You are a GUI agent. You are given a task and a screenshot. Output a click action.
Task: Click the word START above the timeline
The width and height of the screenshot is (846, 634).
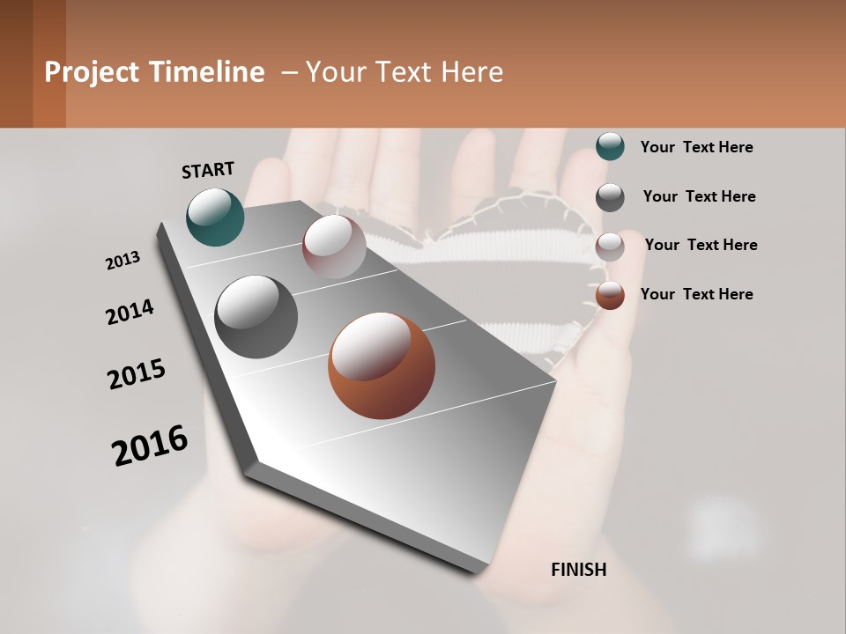(x=208, y=170)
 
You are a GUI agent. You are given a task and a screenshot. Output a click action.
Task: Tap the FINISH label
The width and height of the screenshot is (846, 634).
(x=579, y=570)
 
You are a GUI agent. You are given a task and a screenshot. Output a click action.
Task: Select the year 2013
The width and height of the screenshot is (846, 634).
(x=123, y=261)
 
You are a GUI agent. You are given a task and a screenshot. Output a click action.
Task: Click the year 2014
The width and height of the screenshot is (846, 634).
(x=130, y=313)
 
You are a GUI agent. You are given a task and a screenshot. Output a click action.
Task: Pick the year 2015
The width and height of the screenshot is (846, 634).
(x=137, y=374)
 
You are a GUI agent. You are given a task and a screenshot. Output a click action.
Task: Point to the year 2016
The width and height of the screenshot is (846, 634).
(x=150, y=446)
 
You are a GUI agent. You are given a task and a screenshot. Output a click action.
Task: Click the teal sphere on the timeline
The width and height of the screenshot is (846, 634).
(x=216, y=217)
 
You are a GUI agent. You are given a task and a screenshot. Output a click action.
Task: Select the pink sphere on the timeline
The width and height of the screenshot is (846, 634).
(x=334, y=247)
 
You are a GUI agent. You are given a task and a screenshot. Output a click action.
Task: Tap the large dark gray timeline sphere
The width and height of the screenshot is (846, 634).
(x=256, y=317)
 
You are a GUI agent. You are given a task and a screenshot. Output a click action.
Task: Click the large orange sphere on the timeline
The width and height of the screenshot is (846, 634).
(x=382, y=365)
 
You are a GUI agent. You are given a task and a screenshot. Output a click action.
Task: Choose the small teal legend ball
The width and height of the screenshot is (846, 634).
(x=610, y=147)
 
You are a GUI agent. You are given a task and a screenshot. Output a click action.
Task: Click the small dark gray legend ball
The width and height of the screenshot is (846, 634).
(x=610, y=197)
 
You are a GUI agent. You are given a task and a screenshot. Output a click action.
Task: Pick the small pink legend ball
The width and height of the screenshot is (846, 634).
(x=610, y=247)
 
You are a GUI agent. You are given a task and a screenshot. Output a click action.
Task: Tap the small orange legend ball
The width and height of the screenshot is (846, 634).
(x=610, y=295)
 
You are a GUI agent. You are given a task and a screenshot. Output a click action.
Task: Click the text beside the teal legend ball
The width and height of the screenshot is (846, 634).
(x=696, y=147)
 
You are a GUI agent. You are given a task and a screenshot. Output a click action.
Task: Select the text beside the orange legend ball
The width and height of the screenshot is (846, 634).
(x=696, y=294)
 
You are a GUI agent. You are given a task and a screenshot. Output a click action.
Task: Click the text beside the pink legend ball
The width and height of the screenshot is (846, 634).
(x=701, y=245)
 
